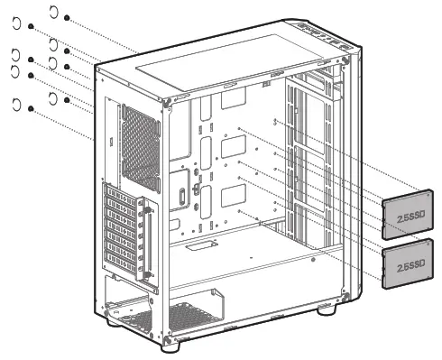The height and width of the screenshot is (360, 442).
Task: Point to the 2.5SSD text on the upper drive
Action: [x=409, y=217]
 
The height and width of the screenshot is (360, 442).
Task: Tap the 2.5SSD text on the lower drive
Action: [x=409, y=266]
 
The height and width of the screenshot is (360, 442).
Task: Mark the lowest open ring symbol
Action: [x=17, y=106]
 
